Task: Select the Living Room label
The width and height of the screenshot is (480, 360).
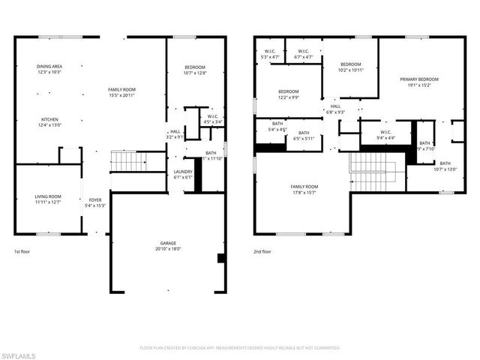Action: pyautogui.click(x=48, y=199)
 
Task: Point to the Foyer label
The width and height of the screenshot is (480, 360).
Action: pyautogui.click(x=95, y=202)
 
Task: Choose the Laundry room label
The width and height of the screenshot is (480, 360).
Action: pyautogui.click(x=183, y=174)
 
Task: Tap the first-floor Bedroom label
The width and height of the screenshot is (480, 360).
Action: pyautogui.click(x=195, y=70)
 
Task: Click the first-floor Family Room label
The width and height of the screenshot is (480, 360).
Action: pyautogui.click(x=121, y=91)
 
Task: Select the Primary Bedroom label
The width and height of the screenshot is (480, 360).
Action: pyautogui.click(x=418, y=81)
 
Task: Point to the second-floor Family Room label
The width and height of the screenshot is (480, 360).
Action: pyautogui.click(x=304, y=188)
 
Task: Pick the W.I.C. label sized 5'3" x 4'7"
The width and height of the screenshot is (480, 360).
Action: pyautogui.click(x=269, y=54)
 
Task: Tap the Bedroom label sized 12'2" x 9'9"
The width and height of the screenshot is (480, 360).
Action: pyautogui.click(x=289, y=94)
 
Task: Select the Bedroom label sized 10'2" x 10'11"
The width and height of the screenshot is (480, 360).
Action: pyautogui.click(x=350, y=67)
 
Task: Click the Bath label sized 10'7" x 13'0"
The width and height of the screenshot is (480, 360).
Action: pyautogui.click(x=445, y=166)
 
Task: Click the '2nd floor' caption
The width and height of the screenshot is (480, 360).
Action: pyautogui.click(x=262, y=252)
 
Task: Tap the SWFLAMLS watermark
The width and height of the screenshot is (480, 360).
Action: pyautogui.click(x=18, y=354)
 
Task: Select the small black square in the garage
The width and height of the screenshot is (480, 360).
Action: pyautogui.click(x=220, y=259)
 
